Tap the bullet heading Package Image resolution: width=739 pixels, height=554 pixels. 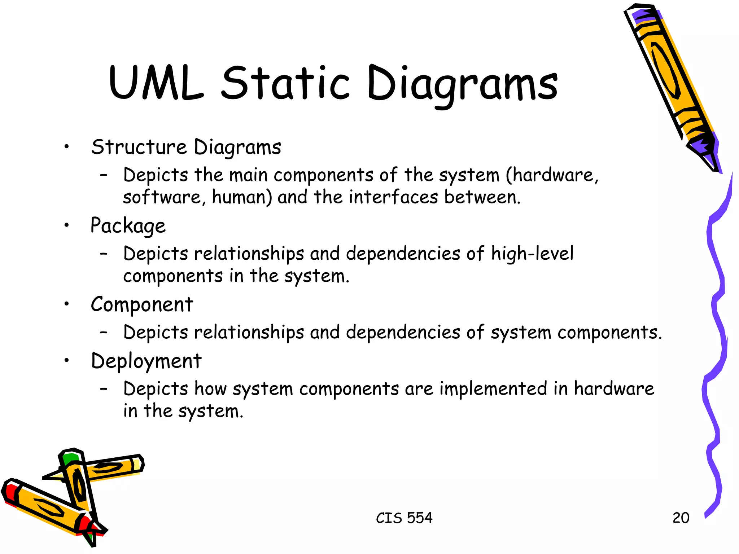coord(128,226)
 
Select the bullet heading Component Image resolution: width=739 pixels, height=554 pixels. coord(142,305)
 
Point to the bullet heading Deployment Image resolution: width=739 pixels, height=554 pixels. coord(146,361)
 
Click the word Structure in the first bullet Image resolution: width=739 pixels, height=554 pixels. coord(139,147)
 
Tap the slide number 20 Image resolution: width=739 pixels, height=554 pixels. coord(681,518)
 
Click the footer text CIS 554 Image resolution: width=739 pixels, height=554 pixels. coord(404,518)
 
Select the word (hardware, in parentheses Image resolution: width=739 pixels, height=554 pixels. coord(552,175)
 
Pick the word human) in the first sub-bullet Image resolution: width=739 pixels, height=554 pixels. coord(242,198)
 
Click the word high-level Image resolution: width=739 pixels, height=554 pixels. coord(532,254)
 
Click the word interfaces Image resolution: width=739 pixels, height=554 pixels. coord(393,198)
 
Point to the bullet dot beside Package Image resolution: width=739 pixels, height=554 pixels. coord(66,226)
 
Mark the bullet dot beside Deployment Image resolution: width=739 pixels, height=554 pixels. coord(66,360)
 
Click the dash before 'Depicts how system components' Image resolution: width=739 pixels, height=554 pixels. coord(104,389)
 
